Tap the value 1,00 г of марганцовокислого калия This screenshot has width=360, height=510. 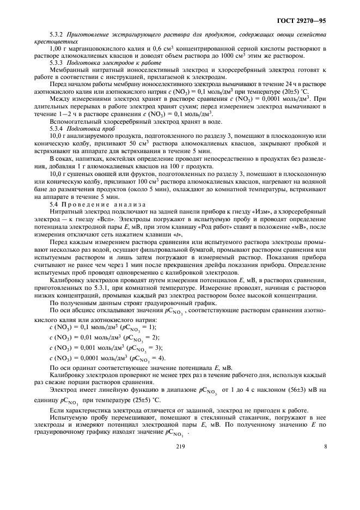point(57,49)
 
